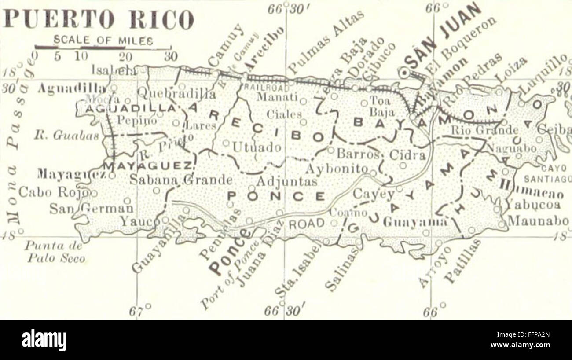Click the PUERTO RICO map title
pyautogui.click(x=98, y=19)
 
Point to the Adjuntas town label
pyautogui.click(x=280, y=181)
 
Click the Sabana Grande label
pyautogui.click(x=181, y=180)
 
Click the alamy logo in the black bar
pyautogui.click(x=44, y=340)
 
